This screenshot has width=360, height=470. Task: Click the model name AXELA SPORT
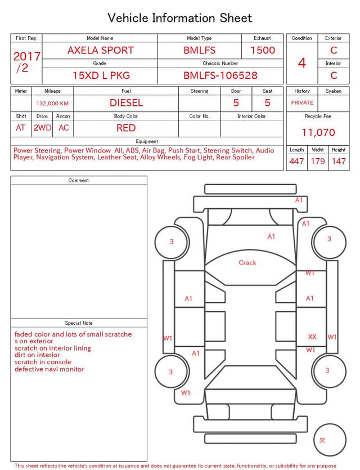101,50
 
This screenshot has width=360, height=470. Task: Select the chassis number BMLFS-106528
220,75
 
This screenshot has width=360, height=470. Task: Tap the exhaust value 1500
263,50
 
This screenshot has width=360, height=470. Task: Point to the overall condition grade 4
302,63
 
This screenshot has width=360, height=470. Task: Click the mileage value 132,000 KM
52,104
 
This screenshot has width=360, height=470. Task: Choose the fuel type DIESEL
126,103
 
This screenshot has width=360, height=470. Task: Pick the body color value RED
126,128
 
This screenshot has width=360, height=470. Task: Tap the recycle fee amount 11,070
318,132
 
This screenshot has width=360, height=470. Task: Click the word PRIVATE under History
302,103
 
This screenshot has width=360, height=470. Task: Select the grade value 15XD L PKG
101,75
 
